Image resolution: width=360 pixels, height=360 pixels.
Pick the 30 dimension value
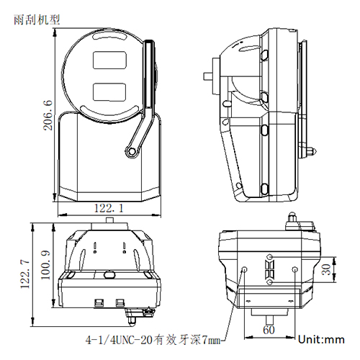point(326,270)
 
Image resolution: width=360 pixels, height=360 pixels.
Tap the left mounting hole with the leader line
point(246,269)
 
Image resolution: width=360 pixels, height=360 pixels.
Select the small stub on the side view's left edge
point(210,73)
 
